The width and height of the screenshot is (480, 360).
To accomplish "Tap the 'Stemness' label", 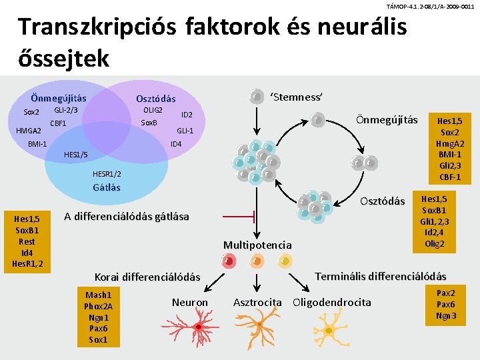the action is (x=296, y=97).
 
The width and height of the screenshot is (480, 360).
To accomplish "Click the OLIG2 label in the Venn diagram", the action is (x=153, y=109).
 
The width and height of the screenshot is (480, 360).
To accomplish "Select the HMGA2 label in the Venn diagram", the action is (x=29, y=131).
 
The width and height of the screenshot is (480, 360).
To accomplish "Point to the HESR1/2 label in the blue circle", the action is (x=107, y=174).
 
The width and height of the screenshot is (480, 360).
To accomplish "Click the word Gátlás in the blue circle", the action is (x=107, y=187).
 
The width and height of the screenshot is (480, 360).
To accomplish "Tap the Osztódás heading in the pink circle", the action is (x=155, y=99).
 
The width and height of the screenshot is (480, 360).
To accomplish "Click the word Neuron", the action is (x=190, y=303).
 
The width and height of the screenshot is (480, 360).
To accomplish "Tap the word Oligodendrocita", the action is (x=332, y=303).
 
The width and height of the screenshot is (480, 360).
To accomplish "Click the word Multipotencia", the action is (x=257, y=245).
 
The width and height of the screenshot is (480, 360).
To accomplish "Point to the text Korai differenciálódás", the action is (x=147, y=277).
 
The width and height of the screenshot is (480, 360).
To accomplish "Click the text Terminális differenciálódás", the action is (x=380, y=276).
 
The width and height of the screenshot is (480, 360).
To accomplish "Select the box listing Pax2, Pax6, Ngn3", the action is (x=446, y=304).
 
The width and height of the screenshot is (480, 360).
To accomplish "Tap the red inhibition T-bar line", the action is (x=239, y=217).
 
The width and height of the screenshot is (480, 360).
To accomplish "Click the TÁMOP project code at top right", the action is (x=431, y=6).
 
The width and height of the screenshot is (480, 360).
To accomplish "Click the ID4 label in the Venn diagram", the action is (x=177, y=144).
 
